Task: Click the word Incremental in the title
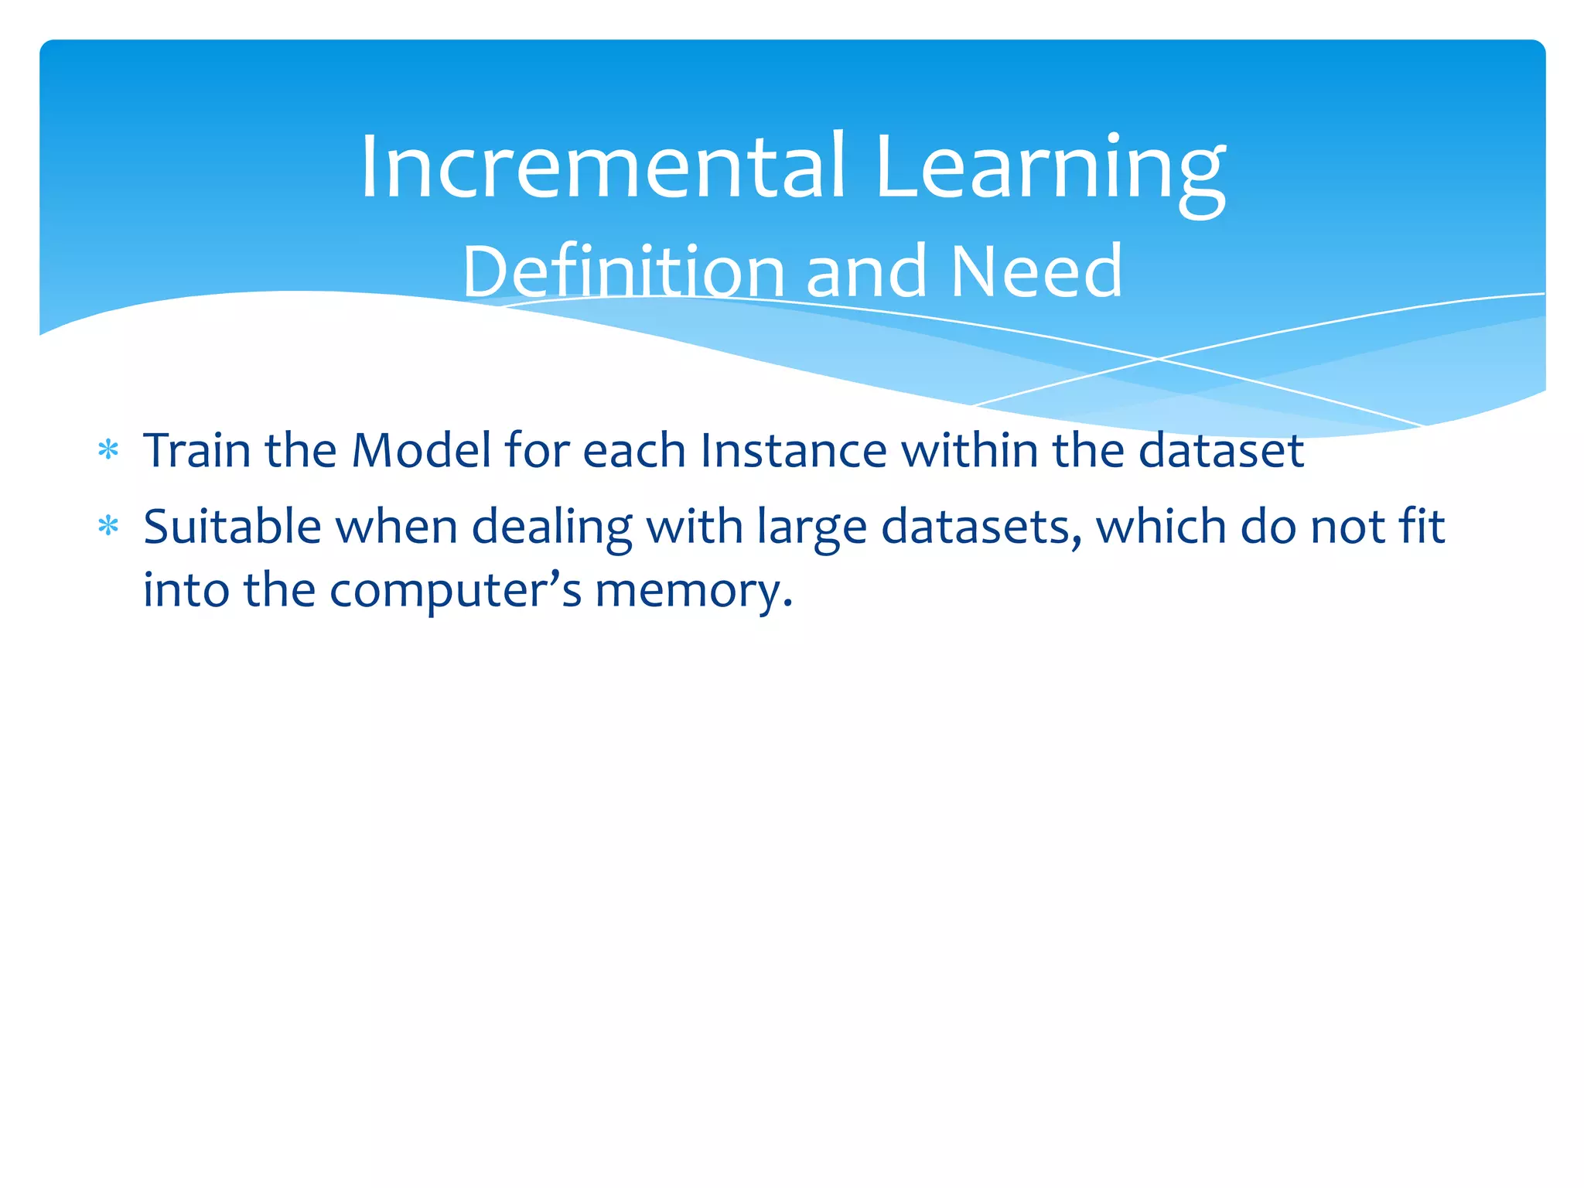tap(603, 166)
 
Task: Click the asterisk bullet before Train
tap(108, 450)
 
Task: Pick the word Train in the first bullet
tap(197, 450)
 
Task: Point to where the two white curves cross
tap(1158, 359)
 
